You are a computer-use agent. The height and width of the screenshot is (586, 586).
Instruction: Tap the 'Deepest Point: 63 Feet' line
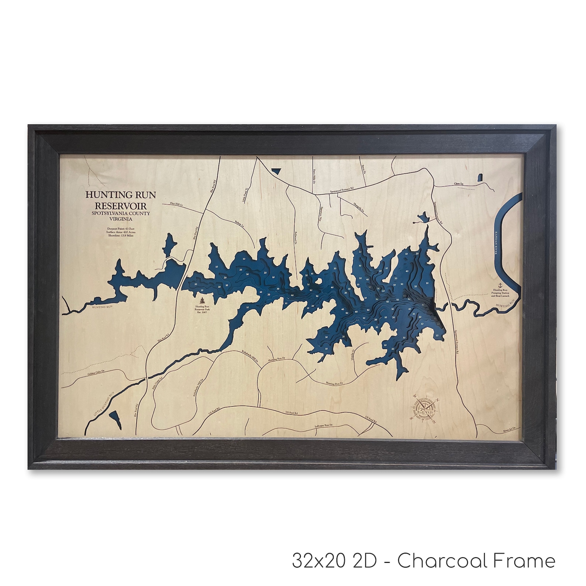pos(121,229)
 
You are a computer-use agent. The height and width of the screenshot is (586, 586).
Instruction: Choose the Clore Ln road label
pos(459,183)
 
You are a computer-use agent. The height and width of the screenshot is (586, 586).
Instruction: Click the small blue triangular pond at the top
pos(275,170)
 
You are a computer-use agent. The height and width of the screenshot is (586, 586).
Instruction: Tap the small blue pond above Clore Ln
pos(480,177)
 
